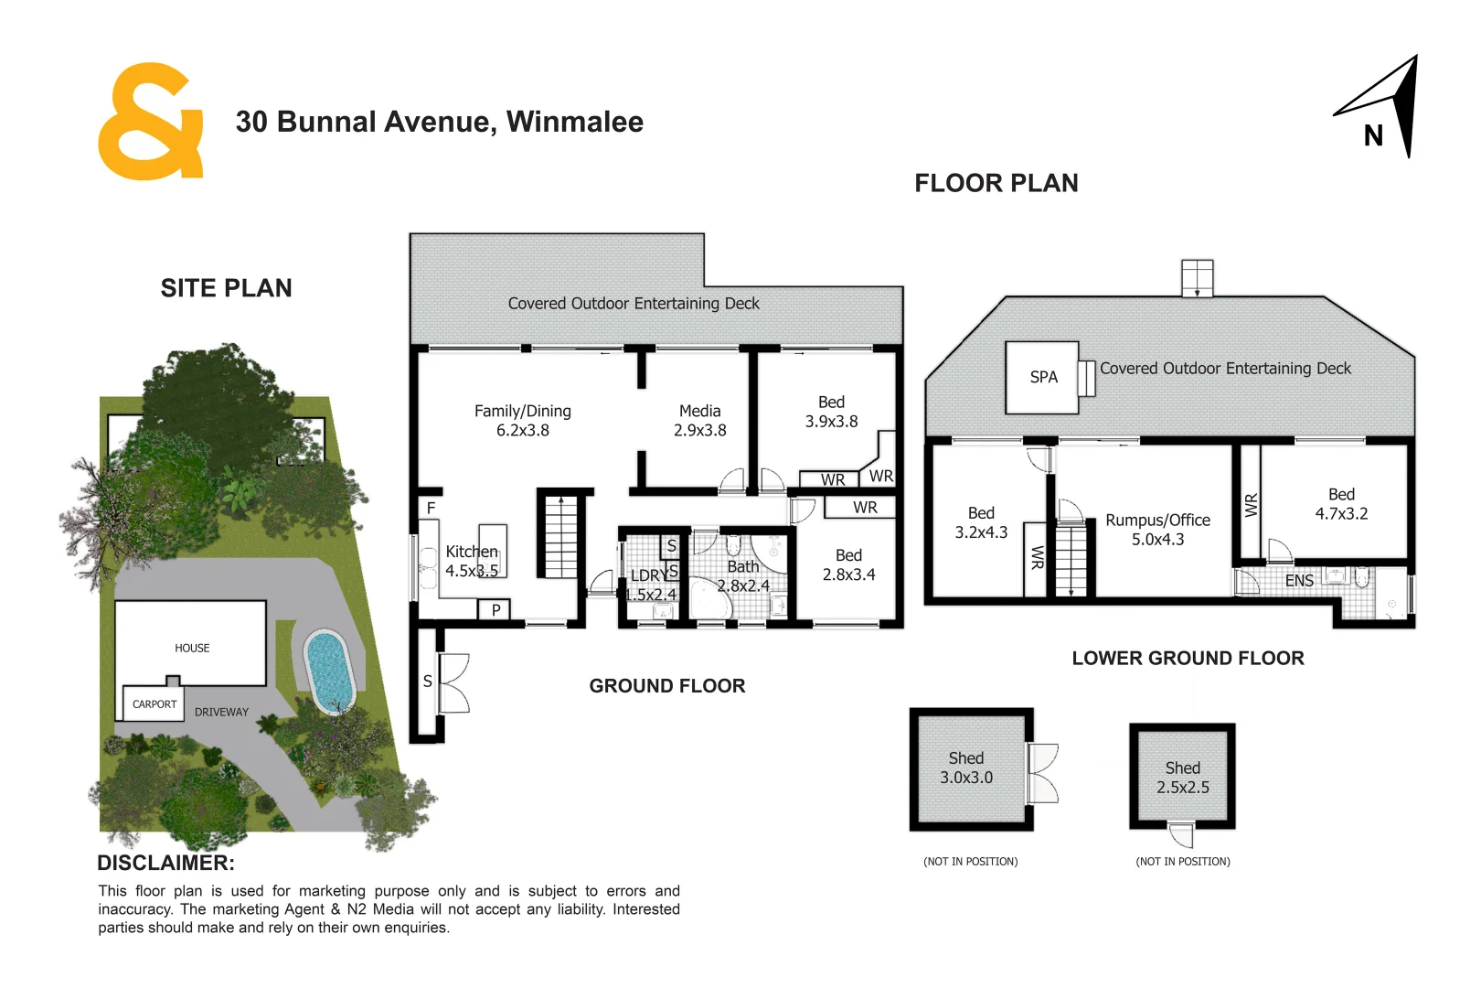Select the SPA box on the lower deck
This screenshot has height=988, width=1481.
click(1042, 377)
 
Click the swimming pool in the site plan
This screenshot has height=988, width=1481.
click(328, 670)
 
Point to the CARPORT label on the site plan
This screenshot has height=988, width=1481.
click(154, 704)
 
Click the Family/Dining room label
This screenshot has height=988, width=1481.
click(522, 421)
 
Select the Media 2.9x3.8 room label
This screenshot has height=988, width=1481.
click(699, 421)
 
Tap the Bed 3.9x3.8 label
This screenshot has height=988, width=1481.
click(831, 412)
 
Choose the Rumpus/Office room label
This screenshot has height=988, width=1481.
click(1157, 530)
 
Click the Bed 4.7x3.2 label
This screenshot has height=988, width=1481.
click(1341, 504)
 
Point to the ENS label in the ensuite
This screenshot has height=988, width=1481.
click(1299, 581)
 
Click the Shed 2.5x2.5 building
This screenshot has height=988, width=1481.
click(1182, 778)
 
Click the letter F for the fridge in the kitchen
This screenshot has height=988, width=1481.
click(431, 508)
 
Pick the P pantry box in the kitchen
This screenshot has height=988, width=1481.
click(495, 609)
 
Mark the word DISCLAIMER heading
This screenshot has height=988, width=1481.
click(165, 863)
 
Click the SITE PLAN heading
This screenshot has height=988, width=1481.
click(226, 288)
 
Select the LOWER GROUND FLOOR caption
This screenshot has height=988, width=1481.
click(1188, 658)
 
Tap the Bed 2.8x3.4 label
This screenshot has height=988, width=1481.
click(848, 565)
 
